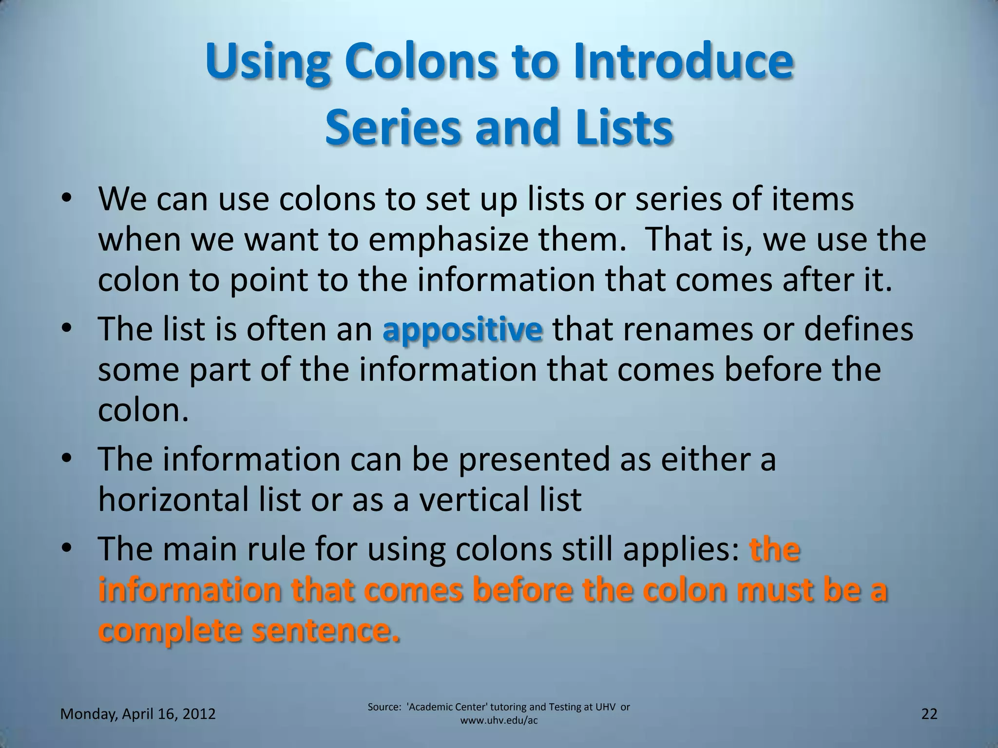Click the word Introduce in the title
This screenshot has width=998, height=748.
(683, 63)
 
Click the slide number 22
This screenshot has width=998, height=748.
(929, 714)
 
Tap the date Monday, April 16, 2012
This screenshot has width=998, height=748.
(138, 714)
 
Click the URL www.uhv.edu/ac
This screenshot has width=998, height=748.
(499, 720)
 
